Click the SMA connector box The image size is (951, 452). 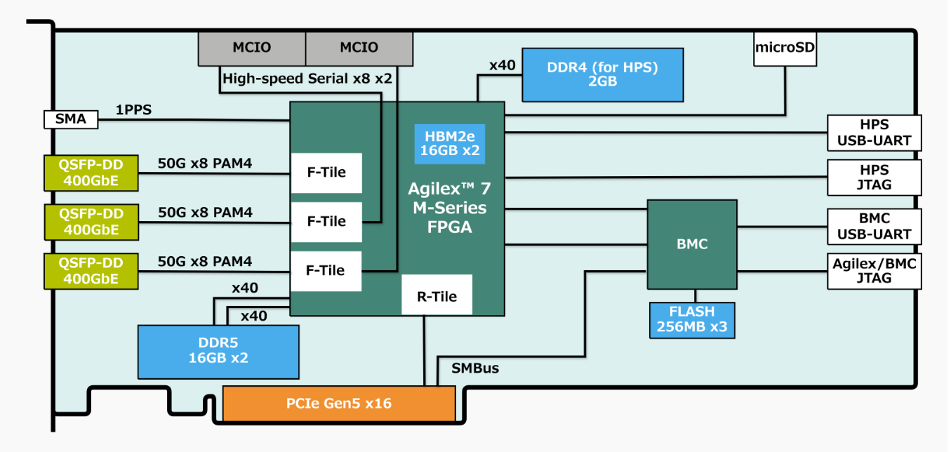[71, 119]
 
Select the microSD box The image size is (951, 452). [785, 48]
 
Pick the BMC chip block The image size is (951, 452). [691, 244]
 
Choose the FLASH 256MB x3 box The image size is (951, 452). [692, 319]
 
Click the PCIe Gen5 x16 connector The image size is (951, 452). [338, 404]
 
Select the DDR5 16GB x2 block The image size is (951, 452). [218, 351]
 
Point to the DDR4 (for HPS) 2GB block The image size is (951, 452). [603, 74]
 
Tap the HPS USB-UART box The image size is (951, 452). [874, 133]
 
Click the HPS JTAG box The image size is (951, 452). [874, 177]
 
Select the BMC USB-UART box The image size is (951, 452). [874, 226]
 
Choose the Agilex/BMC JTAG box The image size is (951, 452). [874, 270]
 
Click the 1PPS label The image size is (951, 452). [134, 110]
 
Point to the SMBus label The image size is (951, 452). [475, 367]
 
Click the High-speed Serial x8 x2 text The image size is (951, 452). [307, 79]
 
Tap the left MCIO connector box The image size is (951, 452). [252, 48]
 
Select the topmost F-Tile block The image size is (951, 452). [326, 173]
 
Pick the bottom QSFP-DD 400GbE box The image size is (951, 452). [91, 270]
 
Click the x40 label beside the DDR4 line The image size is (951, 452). [503, 65]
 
